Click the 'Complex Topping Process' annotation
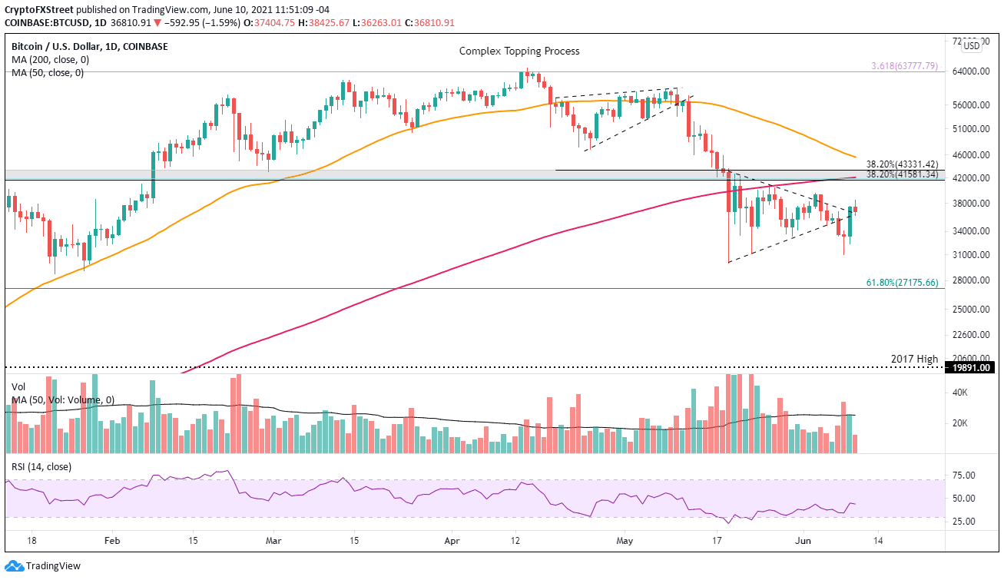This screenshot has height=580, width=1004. pos(519,51)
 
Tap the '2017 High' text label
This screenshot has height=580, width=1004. pos(915,359)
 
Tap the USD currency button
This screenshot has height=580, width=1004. pos(972,45)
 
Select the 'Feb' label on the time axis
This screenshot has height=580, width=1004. pos(112,541)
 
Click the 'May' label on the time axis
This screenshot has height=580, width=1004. pos(623,541)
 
